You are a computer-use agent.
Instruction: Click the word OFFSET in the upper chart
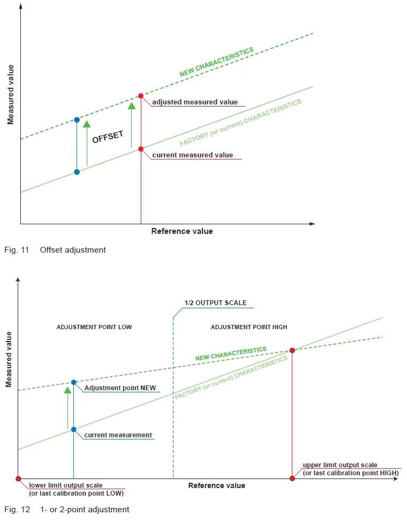coord(108,138)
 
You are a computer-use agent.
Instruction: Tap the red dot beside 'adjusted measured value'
coord(141,96)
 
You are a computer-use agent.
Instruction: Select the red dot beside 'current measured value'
coord(141,149)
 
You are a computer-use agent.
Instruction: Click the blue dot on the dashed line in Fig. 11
coord(77,119)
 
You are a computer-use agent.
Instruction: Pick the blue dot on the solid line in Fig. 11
coord(77,172)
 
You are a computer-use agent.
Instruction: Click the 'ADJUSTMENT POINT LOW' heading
coord(94,327)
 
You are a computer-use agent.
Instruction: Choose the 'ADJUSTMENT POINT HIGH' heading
coord(249,327)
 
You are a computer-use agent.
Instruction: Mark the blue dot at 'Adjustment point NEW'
coord(74,382)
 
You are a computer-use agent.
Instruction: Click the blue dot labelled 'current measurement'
coord(74,429)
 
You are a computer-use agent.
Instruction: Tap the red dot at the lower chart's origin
coord(18,479)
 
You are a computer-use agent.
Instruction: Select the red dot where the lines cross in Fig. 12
coord(292,350)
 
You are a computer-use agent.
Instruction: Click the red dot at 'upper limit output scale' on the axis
coord(292,479)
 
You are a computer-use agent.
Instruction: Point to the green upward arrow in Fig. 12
coord(67,407)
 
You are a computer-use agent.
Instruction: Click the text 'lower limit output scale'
coord(66,485)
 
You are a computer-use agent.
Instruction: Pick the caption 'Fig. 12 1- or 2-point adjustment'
coord(67,510)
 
